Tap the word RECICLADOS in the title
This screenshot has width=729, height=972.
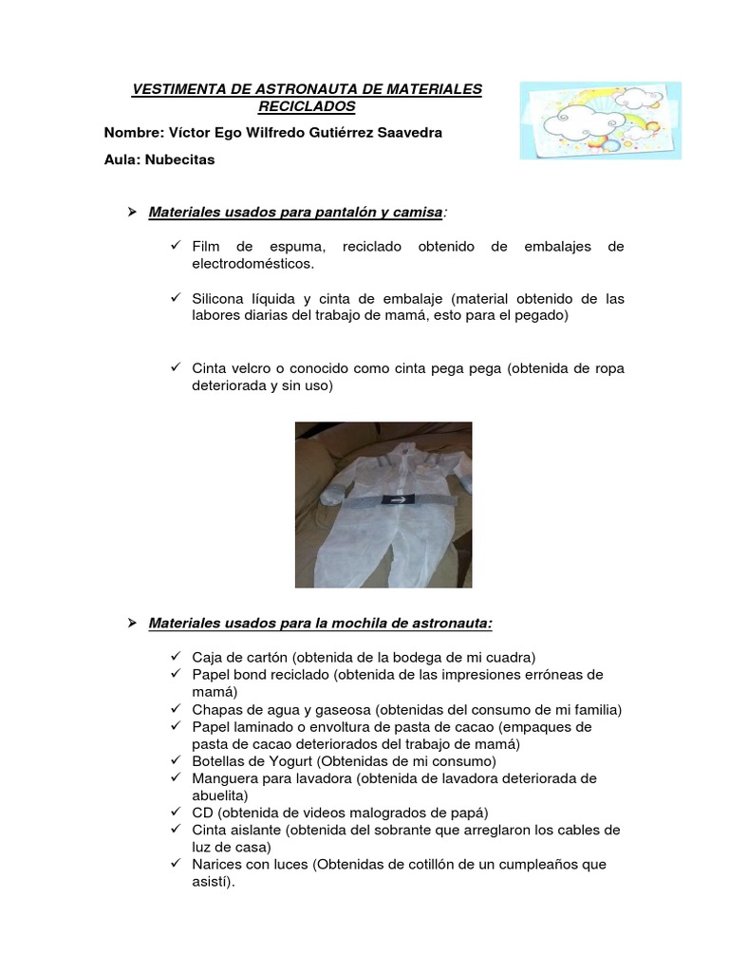pyautogui.click(x=307, y=106)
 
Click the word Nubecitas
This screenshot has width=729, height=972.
pyautogui.click(x=179, y=159)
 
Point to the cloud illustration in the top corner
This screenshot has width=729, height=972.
pyautogui.click(x=600, y=120)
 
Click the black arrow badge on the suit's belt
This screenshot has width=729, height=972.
pyautogui.click(x=396, y=497)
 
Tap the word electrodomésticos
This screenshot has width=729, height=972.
pyautogui.click(x=252, y=264)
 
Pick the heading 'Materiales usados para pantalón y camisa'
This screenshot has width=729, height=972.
pyautogui.click(x=296, y=213)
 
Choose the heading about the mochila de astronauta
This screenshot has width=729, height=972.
pyautogui.click(x=321, y=623)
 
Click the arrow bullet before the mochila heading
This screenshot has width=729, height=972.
pyautogui.click(x=133, y=623)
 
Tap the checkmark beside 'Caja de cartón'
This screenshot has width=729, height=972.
pyautogui.click(x=177, y=657)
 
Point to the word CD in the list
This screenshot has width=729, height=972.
pyautogui.click(x=202, y=813)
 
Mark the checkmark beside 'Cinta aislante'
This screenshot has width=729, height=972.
pyautogui.click(x=177, y=830)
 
